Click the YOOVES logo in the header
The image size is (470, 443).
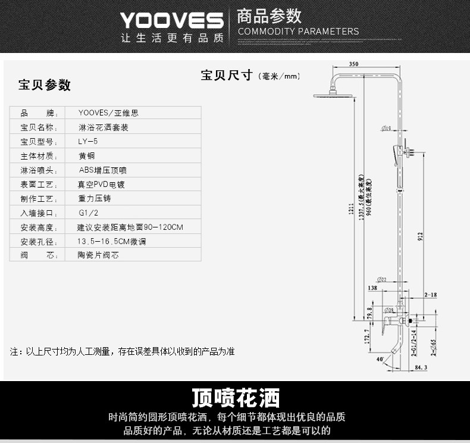(171, 21)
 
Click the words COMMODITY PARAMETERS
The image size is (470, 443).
(298, 32)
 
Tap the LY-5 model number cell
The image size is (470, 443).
(89, 142)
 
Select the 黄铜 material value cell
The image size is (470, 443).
(86, 156)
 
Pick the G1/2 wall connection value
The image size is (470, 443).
(89, 213)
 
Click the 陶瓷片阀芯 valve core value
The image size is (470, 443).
(98, 255)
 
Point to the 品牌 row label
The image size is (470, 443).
(37, 113)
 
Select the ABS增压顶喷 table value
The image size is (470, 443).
(102, 170)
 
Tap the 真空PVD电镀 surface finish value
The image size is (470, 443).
(102, 185)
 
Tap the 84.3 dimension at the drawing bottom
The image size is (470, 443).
(421, 368)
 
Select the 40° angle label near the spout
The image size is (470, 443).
(380, 359)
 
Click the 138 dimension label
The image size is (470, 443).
(372, 288)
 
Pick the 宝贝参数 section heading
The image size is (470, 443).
(45, 85)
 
